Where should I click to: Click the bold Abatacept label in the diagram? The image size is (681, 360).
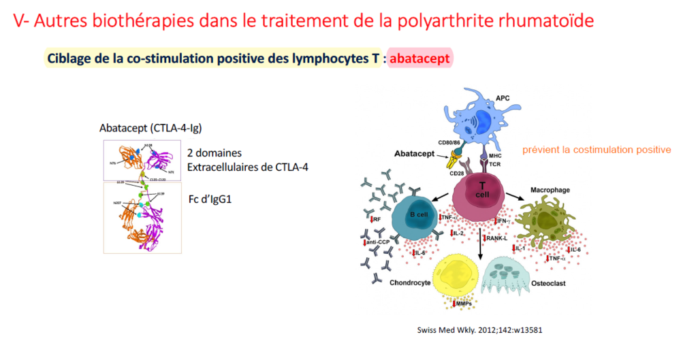(416, 154)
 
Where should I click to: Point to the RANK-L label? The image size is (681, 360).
(499, 238)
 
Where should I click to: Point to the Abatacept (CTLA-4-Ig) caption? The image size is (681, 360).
(151, 128)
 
